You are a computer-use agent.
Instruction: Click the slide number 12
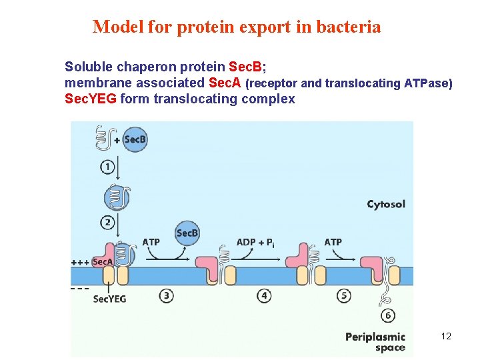click(x=446, y=336)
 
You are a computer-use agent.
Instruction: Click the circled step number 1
click(x=107, y=167)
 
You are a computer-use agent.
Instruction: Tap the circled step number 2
click(x=107, y=222)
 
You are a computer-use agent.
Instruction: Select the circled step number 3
click(x=167, y=295)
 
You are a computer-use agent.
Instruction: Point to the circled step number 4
click(x=265, y=295)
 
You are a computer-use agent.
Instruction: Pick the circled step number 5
click(x=344, y=295)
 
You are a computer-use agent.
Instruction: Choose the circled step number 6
click(x=387, y=315)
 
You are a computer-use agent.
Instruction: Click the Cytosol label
click(x=386, y=204)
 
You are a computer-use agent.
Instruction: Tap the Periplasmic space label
click(x=375, y=342)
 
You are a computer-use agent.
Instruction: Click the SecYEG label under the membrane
click(x=109, y=299)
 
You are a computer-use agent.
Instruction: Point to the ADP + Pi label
click(x=255, y=242)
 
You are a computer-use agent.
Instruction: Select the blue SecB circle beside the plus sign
click(x=135, y=139)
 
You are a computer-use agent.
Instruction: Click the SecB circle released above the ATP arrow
click(x=187, y=233)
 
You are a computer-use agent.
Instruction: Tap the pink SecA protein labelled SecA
click(x=102, y=262)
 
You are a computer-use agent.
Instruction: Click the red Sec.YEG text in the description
click(x=91, y=99)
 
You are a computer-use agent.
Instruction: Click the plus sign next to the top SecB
click(x=117, y=141)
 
